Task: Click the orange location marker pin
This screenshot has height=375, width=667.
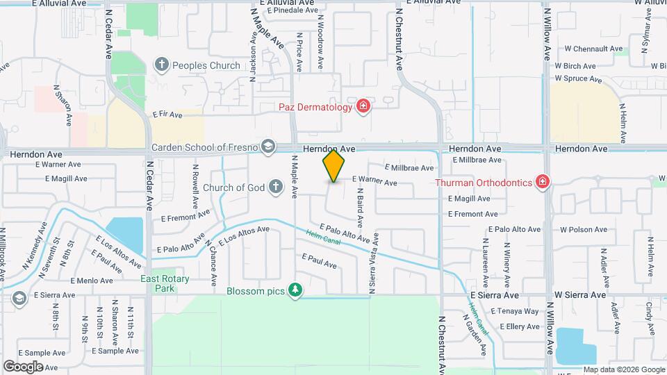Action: pyautogui.click(x=333, y=166)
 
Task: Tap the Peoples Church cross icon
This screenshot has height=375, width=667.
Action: pyautogui.click(x=162, y=65)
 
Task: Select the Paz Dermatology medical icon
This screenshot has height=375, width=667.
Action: pyautogui.click(x=362, y=107)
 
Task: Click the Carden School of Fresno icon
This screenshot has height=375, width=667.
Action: pyautogui.click(x=267, y=147)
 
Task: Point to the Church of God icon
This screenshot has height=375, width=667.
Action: pyautogui.click(x=276, y=187)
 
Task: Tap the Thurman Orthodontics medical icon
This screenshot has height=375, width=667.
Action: pyautogui.click(x=543, y=183)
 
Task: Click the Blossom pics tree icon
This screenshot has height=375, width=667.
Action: pyautogui.click(x=295, y=290)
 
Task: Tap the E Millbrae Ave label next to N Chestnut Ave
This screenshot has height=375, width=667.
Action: pyautogui.click(x=410, y=168)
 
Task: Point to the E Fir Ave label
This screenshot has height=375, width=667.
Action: pyautogui.click(x=167, y=114)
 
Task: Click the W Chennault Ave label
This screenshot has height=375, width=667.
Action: pyautogui.click(x=593, y=49)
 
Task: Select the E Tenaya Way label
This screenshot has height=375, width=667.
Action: pyautogui.click(x=519, y=311)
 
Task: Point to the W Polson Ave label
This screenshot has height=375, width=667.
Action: pyautogui.click(x=584, y=229)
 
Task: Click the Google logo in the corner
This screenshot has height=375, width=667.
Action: pyautogui.click(x=23, y=366)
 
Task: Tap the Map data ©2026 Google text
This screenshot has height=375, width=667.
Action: pyautogui.click(x=623, y=369)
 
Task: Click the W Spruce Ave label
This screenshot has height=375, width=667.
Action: pyautogui.click(x=578, y=79)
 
